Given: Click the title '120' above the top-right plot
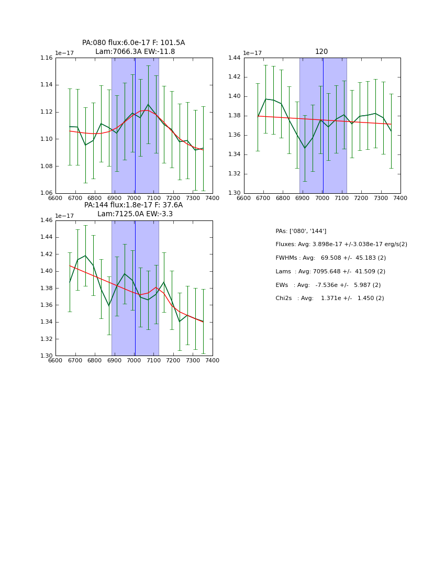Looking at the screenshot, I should click(x=321, y=52).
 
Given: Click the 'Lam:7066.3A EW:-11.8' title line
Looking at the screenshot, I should click(x=135, y=52).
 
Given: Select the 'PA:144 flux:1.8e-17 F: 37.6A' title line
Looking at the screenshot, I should click(x=133, y=205).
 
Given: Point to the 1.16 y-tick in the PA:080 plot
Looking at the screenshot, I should click(x=47, y=58).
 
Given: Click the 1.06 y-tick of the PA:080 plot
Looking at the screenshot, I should click(x=47, y=193).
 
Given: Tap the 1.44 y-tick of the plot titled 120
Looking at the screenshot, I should click(x=235, y=58).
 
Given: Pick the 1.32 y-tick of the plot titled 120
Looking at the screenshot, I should click(x=235, y=174).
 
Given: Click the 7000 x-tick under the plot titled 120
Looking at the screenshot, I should click(x=322, y=198).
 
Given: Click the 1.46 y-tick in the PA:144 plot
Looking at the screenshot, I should click(x=47, y=220).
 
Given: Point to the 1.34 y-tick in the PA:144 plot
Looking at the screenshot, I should click(x=47, y=322).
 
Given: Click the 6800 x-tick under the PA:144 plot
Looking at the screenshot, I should click(x=95, y=360).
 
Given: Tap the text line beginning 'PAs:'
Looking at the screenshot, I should click(x=301, y=231).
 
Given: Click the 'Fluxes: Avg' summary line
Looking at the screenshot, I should click(x=341, y=245).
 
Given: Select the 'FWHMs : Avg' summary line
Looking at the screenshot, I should click(x=331, y=258).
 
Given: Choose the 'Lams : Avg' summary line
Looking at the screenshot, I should click(x=330, y=272).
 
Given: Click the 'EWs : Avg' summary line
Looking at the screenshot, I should click(x=328, y=285).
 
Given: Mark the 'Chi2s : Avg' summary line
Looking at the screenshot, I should click(x=330, y=298).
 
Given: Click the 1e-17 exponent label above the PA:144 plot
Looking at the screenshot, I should click(x=64, y=216).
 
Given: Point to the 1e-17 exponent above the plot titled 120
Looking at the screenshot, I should click(x=253, y=53).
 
